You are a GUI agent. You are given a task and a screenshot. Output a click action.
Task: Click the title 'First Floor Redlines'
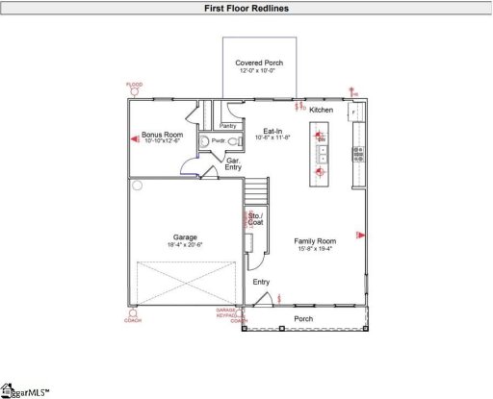pos(246,9)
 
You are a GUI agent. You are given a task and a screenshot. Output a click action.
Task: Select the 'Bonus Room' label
pos(162,135)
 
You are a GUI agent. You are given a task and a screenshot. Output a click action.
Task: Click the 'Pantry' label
pos(228,126)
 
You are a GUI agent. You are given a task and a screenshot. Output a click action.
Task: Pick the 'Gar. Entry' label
pos(233,164)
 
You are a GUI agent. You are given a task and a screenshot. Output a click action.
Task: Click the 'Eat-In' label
pos(272,131)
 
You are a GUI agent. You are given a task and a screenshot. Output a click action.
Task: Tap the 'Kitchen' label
pos(321,111)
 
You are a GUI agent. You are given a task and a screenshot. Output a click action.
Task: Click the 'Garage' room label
pos(185,237)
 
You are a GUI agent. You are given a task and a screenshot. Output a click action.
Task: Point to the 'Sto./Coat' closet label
pos(255,218)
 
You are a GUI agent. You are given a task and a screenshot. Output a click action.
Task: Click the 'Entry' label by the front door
pos(261,282)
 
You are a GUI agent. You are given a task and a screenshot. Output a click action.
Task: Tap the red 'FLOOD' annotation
pos(134,85)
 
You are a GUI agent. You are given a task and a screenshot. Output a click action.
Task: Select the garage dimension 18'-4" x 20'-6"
pos(185,244)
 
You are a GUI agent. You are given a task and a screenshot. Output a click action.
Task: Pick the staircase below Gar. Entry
pos(255,192)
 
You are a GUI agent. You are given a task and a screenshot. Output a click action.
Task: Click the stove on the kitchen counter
pos(357,151)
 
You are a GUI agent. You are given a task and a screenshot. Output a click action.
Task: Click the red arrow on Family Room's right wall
pos(359,234)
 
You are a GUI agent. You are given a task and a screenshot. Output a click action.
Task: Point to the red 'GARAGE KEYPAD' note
pos(226,313)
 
